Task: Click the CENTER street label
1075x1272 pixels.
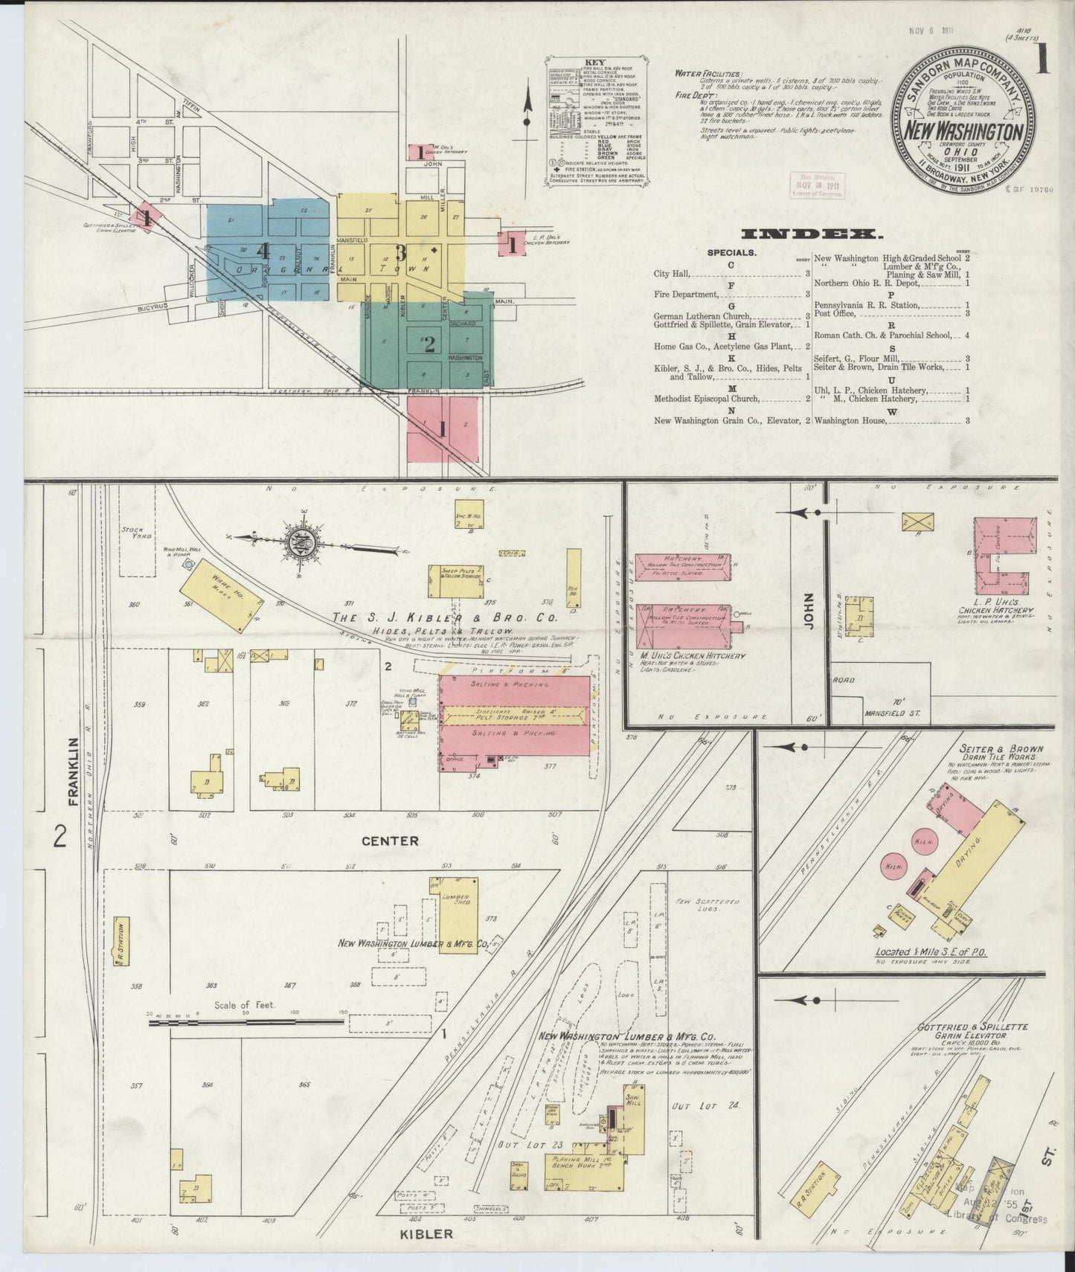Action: [x=390, y=841]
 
